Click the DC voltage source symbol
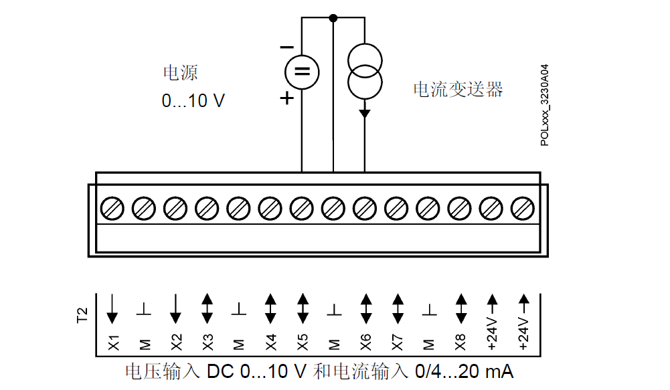tap(302, 71)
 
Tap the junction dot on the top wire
tap(333, 18)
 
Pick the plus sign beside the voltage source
tap(286, 98)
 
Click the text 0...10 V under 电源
tap(193, 101)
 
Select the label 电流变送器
tap(458, 89)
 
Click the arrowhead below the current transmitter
tap(365, 113)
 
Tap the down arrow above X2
tap(176, 308)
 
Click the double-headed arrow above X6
tap(365, 308)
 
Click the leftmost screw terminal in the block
tap(112, 209)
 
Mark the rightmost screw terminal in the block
tap(522, 209)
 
